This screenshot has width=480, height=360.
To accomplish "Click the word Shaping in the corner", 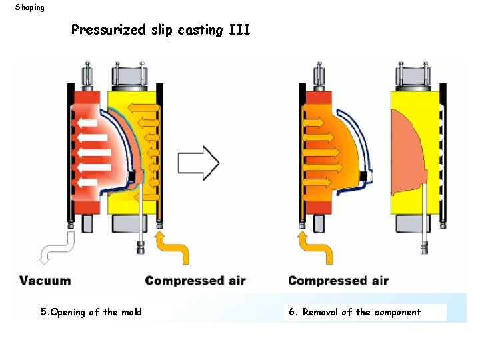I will [x=30, y=7].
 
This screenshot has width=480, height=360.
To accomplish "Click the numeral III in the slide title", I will [x=239, y=30].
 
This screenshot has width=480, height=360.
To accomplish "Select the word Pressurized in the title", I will [x=107, y=31].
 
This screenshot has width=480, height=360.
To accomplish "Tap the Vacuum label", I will [x=45, y=281].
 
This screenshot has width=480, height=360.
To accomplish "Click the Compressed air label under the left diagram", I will [x=195, y=281].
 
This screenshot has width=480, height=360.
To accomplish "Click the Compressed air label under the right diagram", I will [x=338, y=281].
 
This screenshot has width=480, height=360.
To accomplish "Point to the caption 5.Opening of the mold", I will [x=91, y=312].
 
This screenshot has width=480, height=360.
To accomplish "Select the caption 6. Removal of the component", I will [x=355, y=312].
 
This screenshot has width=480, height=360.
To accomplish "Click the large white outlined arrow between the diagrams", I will [x=198, y=162].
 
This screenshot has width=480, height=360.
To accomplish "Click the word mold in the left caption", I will [x=131, y=312].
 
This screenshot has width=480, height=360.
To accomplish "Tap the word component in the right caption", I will [x=397, y=312].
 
